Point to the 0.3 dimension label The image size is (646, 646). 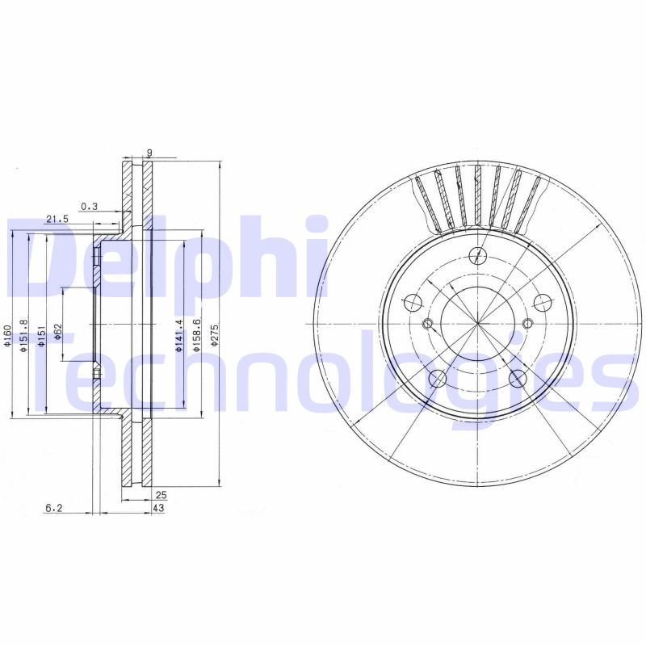(x=89, y=207)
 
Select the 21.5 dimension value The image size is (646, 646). (x=57, y=219)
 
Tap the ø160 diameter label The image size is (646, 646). (x=6, y=334)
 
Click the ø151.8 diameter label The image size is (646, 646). (x=24, y=333)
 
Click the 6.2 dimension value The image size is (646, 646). (x=54, y=508)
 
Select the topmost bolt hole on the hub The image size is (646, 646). (x=478, y=256)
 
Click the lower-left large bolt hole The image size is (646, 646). (x=438, y=377)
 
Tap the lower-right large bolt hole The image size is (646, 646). (x=517, y=377)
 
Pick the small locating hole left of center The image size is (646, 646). (x=428, y=325)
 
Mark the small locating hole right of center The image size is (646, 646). (x=528, y=325)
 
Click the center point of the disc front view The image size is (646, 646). (x=478, y=325)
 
